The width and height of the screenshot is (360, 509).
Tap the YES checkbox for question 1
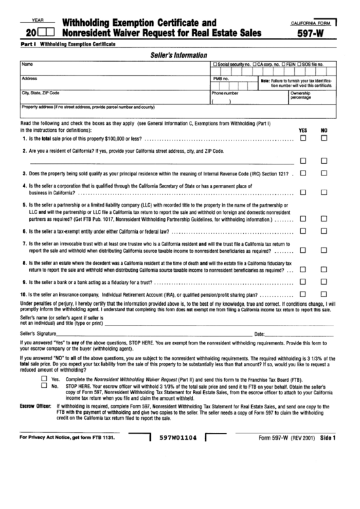click(303, 139)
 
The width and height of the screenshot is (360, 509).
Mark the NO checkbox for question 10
click(324, 294)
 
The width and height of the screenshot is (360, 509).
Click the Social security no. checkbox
click(215, 64)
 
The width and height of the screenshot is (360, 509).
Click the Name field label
click(28, 64)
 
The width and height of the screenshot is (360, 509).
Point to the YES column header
click(303, 130)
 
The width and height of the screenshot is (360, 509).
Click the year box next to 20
click(47, 31)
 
